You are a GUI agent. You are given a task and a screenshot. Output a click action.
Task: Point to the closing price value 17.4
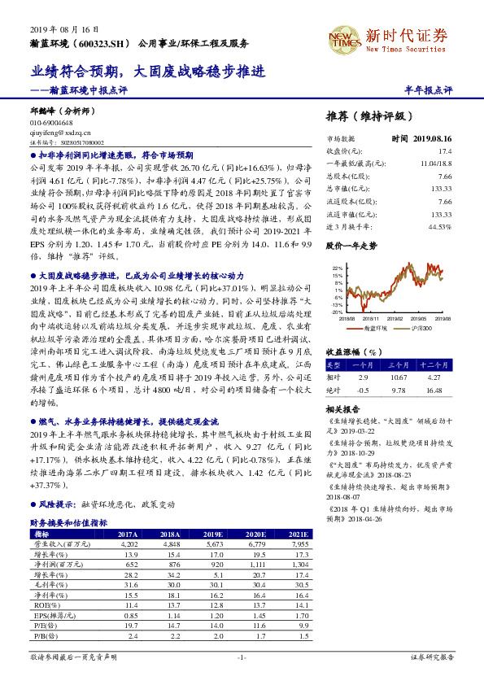click(443, 151)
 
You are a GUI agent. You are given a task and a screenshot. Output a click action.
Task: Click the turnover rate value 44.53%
click(439, 226)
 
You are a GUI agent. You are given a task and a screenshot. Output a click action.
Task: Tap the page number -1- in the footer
click(242, 657)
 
